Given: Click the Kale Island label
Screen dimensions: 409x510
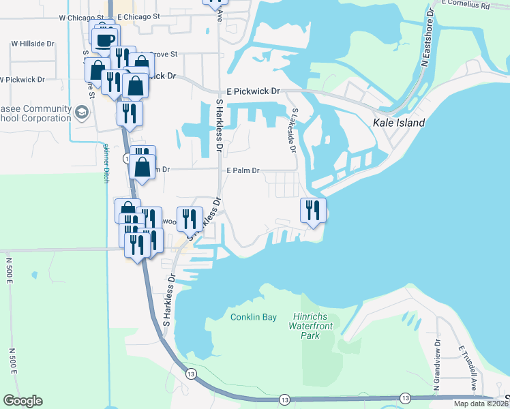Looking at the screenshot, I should [x=399, y=123].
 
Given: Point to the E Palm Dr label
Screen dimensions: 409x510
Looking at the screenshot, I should [x=243, y=170].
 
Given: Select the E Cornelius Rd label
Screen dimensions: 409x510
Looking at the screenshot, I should [x=465, y=4].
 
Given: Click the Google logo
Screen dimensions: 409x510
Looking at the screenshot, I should [x=22, y=401].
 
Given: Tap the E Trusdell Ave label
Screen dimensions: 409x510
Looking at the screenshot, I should [x=468, y=368].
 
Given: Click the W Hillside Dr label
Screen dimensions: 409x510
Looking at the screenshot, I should [x=32, y=44].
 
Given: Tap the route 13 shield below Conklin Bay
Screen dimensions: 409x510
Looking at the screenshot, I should [x=191, y=374].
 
